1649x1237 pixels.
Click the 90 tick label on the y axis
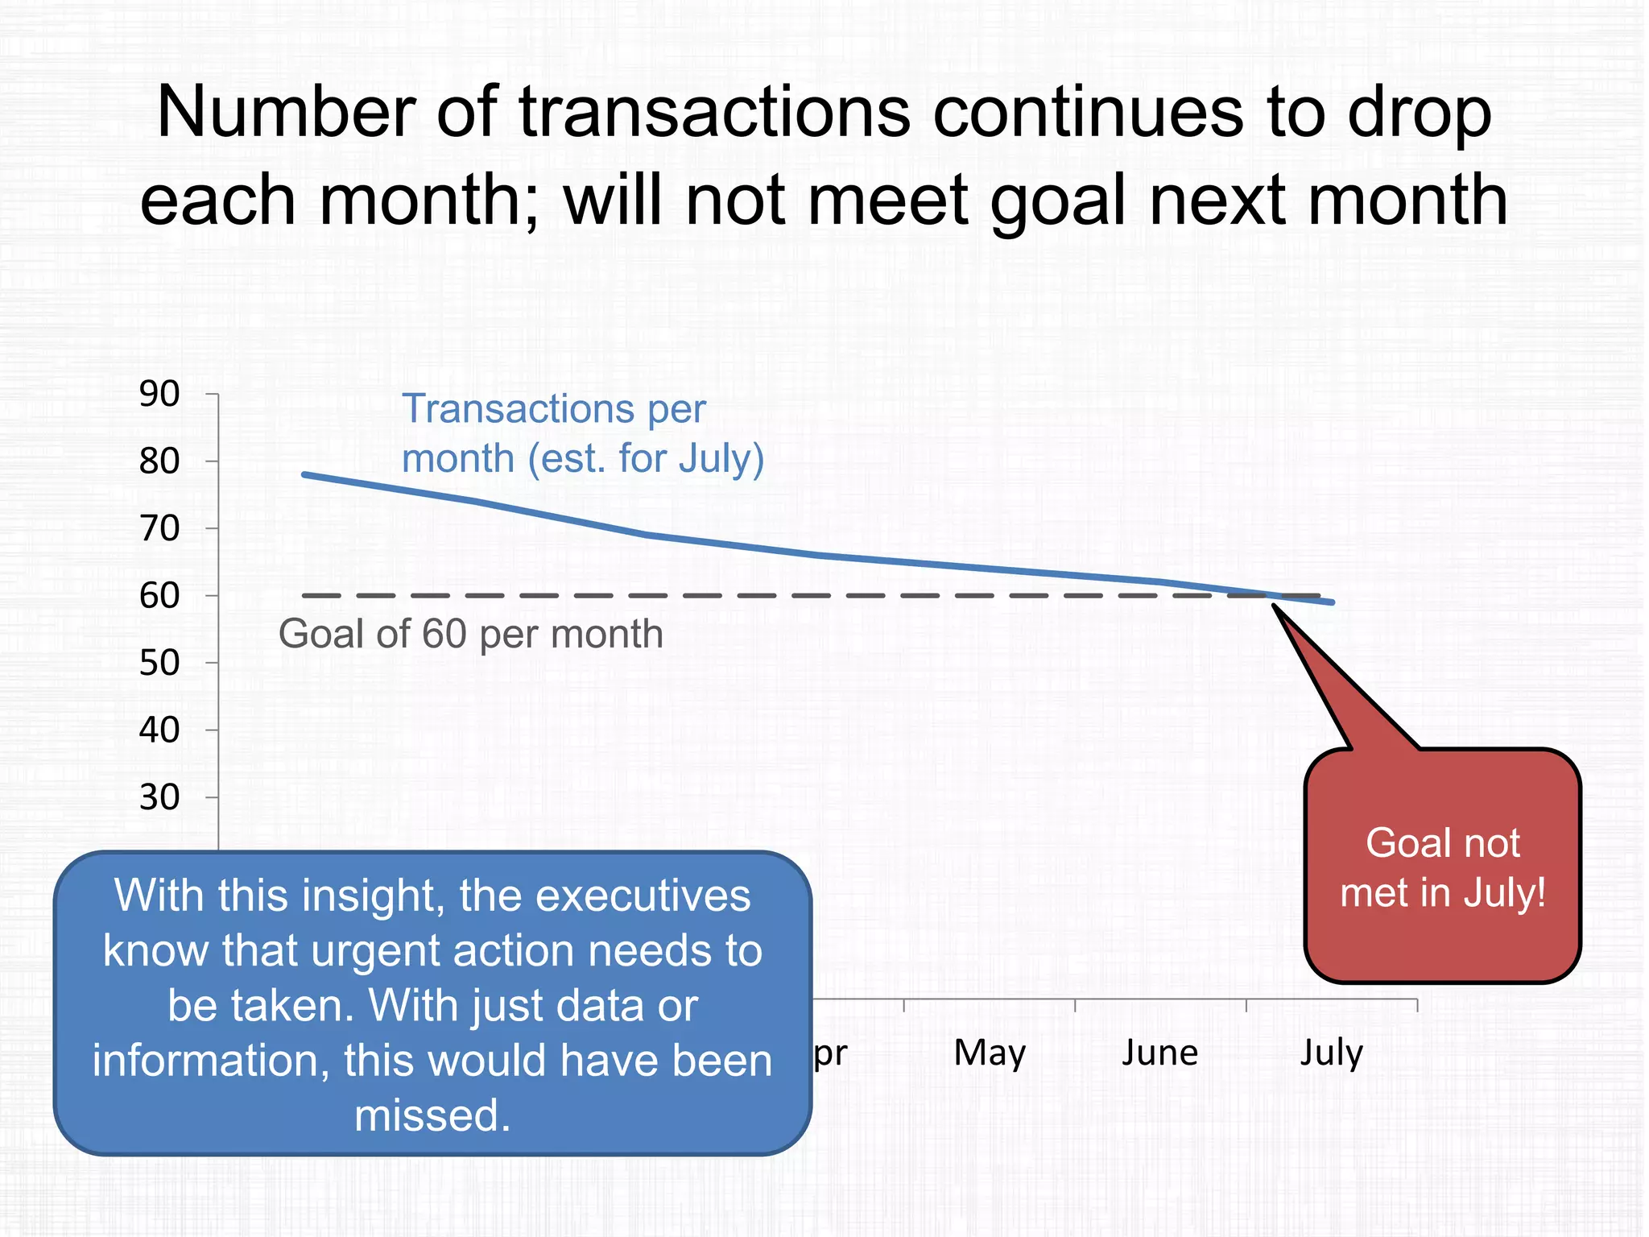(159, 394)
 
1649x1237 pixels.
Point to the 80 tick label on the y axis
(159, 461)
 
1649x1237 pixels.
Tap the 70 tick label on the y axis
(159, 529)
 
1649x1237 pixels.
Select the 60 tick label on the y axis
(159, 596)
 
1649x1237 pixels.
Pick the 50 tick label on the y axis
(159, 664)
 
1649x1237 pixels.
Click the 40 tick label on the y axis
(159, 730)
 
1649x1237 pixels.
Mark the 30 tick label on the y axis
(159, 797)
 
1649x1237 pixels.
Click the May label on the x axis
(990, 1053)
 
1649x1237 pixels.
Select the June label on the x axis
(1160, 1053)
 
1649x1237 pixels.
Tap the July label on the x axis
(1332, 1053)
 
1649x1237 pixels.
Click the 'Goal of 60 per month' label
(470, 634)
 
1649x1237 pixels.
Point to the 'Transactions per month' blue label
(581, 433)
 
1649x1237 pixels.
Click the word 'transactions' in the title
(715, 112)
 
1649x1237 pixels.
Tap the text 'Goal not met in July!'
(1442, 867)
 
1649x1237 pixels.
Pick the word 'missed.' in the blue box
(432, 1115)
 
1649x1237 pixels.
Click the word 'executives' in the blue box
(643, 896)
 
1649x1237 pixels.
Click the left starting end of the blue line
(305, 474)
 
